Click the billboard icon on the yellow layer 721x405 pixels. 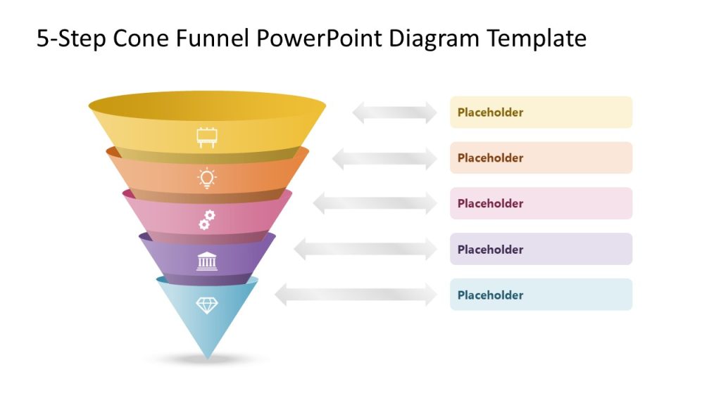(x=206, y=138)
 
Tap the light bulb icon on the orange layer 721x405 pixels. (x=206, y=179)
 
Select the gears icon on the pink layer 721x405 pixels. (x=206, y=220)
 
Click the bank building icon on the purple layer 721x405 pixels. (x=206, y=261)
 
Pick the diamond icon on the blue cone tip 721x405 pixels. (x=206, y=305)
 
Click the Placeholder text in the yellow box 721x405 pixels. (x=490, y=112)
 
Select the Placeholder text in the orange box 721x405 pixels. (x=490, y=158)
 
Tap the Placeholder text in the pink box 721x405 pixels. (x=490, y=204)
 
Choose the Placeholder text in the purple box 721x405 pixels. (x=490, y=250)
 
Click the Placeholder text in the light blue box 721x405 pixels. (x=490, y=295)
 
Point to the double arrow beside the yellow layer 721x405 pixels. (x=394, y=112)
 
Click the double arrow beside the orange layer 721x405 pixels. (x=384, y=158)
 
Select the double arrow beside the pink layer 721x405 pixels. (x=375, y=204)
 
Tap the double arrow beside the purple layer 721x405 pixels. (x=365, y=250)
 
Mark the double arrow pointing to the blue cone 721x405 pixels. (x=356, y=295)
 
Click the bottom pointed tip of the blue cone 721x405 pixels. (x=207, y=357)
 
